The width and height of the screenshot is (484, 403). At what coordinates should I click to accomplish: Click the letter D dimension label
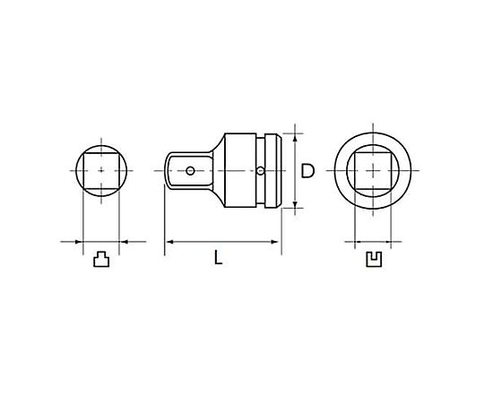pyautogui.click(x=307, y=171)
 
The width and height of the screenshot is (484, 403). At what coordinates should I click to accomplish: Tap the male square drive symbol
pyautogui.click(x=101, y=259)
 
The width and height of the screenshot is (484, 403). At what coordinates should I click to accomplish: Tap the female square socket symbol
pyautogui.click(x=374, y=260)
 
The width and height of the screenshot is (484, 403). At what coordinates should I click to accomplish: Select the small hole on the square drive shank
pyautogui.click(x=190, y=170)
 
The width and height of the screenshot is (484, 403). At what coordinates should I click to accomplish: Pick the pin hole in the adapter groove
pyautogui.click(x=261, y=170)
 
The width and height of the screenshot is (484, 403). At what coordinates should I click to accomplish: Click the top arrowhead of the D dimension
pyautogui.click(x=295, y=138)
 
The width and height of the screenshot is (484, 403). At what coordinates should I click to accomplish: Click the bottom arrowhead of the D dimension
pyautogui.click(x=295, y=204)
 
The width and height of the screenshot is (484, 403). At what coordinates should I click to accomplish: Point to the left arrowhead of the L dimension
pyautogui.click(x=169, y=242)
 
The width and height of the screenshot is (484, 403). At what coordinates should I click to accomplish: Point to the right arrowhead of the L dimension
pyautogui.click(x=275, y=242)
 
